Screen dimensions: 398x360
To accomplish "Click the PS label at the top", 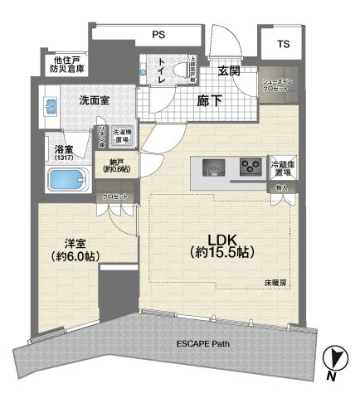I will click(157, 35).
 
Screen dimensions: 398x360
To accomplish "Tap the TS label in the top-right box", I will click(284, 43).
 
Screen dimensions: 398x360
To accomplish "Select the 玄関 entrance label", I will click(230, 71).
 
